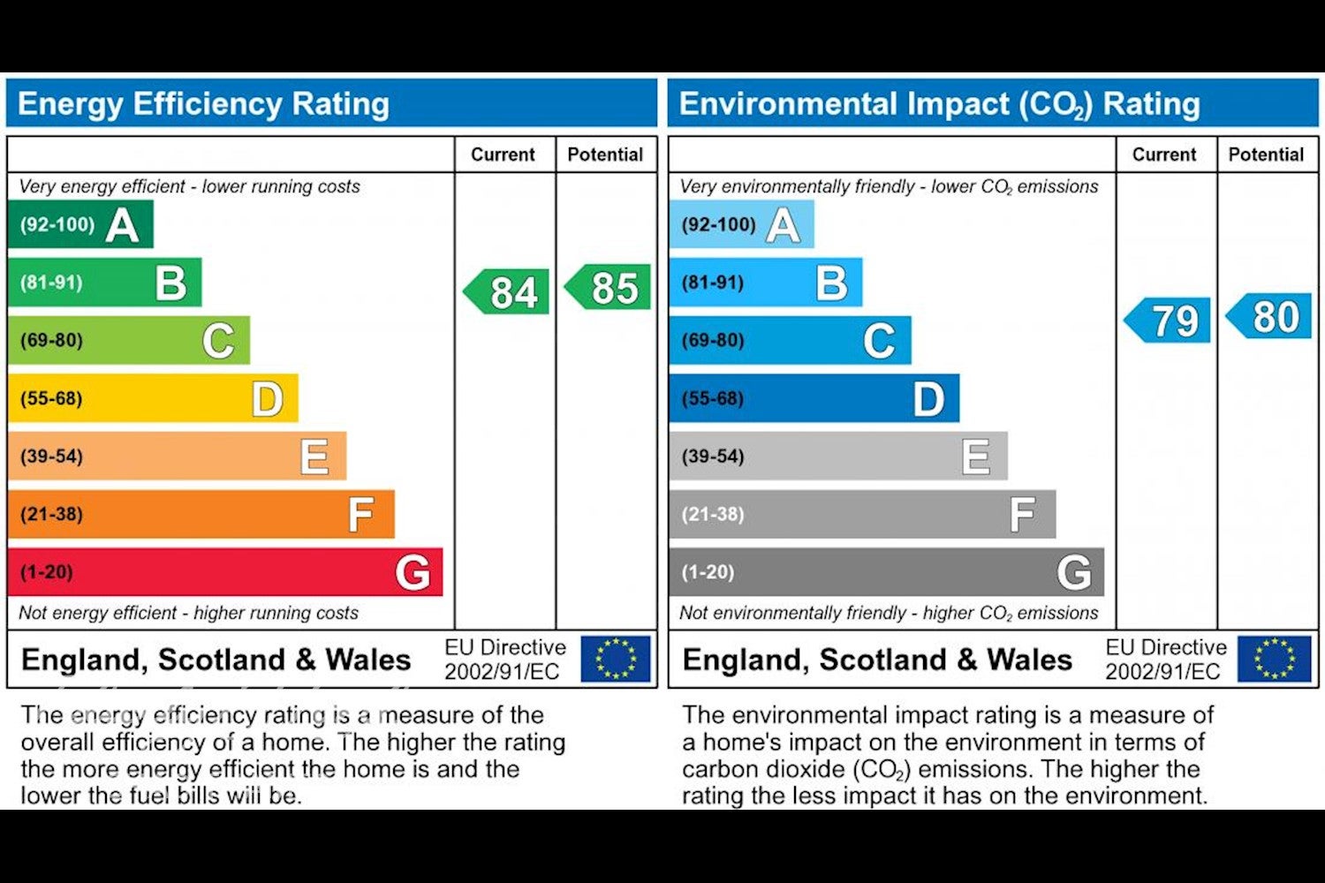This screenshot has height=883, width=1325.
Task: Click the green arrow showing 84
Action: [x=507, y=291]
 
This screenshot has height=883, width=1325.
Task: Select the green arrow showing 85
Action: [x=608, y=287]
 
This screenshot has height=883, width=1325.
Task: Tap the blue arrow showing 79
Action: [x=1168, y=320]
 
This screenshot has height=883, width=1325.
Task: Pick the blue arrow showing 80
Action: [x=1268, y=316]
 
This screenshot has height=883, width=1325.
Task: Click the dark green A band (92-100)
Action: [x=80, y=224]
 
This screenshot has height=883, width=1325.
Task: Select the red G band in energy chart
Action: [x=225, y=572]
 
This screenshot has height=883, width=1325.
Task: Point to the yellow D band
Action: [x=153, y=398]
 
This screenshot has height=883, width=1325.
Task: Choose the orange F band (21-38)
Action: [x=201, y=514]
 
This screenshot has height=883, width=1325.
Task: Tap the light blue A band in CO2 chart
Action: [x=742, y=224]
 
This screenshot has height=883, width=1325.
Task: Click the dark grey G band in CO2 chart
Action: [x=887, y=572]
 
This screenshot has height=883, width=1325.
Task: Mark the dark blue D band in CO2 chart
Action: [x=814, y=398]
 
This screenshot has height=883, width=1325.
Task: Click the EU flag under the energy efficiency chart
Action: [x=615, y=659]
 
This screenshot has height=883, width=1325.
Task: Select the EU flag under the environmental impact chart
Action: [x=1275, y=659]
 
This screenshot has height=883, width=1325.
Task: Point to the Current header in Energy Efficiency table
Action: [x=503, y=155]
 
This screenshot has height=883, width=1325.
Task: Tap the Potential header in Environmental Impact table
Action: [x=1267, y=155]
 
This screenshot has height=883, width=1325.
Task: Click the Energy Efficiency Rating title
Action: [x=203, y=103]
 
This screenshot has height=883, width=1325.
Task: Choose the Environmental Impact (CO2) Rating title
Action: [x=940, y=105]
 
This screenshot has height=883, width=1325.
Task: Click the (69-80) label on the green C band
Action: [x=51, y=340]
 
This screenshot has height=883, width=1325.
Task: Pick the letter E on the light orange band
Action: [x=314, y=456]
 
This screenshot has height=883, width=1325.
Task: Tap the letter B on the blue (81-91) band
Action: [x=832, y=282]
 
